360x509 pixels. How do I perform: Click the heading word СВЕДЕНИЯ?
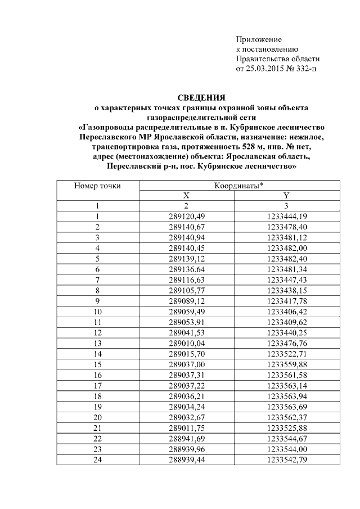[201, 97]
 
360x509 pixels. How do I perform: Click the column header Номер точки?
[98, 185]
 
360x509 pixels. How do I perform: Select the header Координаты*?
[239, 185]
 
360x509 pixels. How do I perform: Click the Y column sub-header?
[286, 195]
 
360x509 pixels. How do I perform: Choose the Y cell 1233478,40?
[286, 227]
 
